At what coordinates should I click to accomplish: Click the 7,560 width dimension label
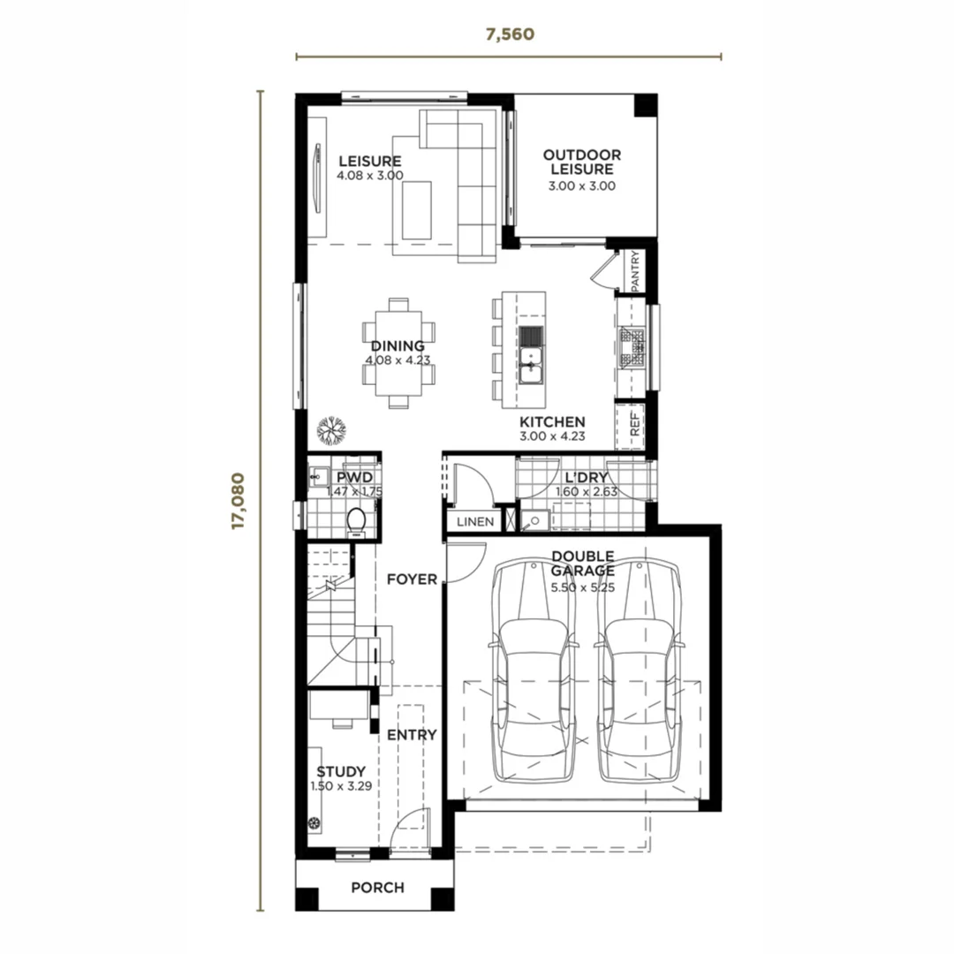pos(510,34)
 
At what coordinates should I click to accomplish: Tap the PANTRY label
pos(635,271)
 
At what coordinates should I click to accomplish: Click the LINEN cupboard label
pos(475,521)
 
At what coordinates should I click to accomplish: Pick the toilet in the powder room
pos(357,521)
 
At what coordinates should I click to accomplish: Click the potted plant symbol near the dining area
pos(331,430)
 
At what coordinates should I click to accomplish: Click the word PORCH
pos(377,887)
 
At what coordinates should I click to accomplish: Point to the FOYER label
pos(412,579)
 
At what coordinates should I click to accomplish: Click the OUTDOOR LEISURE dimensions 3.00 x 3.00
pos(581,186)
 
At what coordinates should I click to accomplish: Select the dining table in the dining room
pos(398,353)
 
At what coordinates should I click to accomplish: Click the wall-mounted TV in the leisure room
pos(317,178)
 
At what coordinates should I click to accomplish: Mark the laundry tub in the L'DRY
pos(534,521)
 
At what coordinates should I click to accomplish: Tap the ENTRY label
pos(412,734)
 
